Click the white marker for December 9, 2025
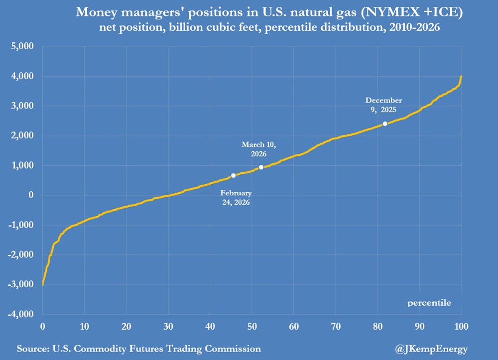[x=385, y=123]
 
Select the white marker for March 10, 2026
[x=261, y=167]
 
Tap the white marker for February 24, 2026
[x=234, y=175]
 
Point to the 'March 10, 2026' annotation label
[x=258, y=149]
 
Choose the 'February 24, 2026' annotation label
[x=236, y=198]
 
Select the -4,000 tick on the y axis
[x=21, y=314]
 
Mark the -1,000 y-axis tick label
[x=21, y=225]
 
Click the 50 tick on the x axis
[x=252, y=327]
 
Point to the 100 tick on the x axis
[x=461, y=327]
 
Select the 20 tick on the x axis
[x=126, y=327]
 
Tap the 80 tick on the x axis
[x=377, y=327]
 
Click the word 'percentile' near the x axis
[x=429, y=302]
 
